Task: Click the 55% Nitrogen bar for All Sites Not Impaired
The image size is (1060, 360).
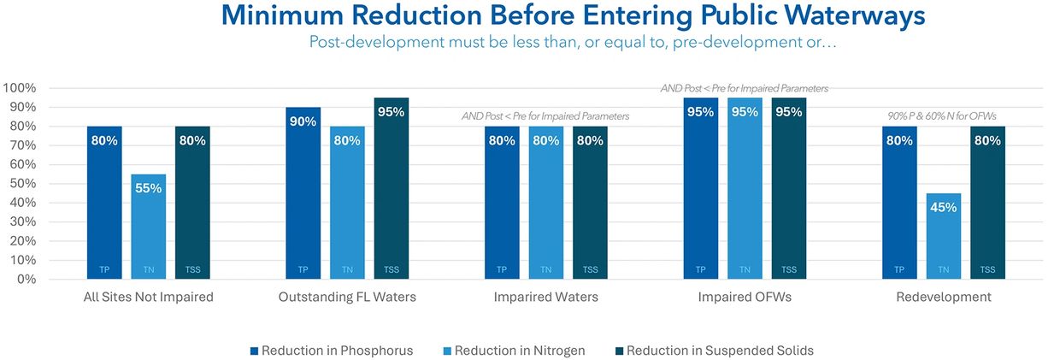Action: click(x=149, y=227)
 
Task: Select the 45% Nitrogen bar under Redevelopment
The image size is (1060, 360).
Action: click(x=944, y=236)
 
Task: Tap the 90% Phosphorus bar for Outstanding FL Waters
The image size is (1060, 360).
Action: click(x=303, y=193)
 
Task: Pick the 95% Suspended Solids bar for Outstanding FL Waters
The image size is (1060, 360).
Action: click(x=392, y=188)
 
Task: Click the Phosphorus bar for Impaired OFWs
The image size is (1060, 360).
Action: click(x=701, y=188)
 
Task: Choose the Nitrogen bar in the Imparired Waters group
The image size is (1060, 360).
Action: click(x=545, y=203)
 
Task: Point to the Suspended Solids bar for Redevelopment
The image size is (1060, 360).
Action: click(x=987, y=203)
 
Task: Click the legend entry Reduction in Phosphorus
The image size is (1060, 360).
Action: click(x=333, y=351)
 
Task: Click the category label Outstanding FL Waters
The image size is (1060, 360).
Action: click(x=346, y=298)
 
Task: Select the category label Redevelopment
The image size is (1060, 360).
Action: click(x=944, y=298)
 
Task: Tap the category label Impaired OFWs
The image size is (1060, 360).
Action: click(x=745, y=298)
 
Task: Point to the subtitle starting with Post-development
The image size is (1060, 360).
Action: click(x=572, y=42)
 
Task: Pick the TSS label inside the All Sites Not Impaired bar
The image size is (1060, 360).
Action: click(x=192, y=270)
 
